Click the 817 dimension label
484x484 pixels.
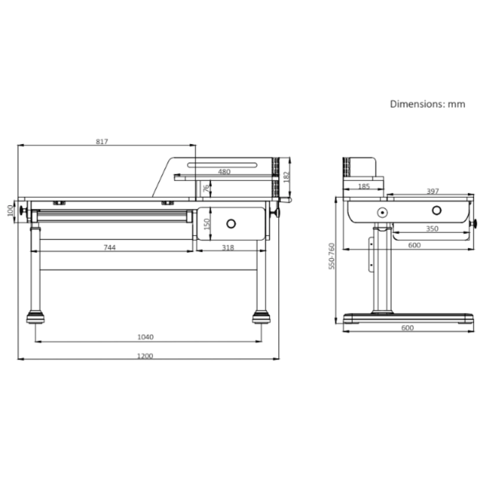[102, 142]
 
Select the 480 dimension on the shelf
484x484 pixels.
[224, 172]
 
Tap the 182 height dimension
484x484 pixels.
[286, 177]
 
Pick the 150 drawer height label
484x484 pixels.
[207, 224]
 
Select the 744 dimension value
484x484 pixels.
[109, 248]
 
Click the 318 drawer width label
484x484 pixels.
[227, 248]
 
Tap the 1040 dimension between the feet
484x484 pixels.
[146, 337]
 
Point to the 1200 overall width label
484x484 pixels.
[145, 356]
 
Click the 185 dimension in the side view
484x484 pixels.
[363, 187]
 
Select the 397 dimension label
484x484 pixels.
[433, 191]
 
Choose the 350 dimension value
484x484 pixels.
[433, 228]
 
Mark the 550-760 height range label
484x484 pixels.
[332, 256]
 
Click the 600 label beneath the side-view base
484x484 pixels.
[408, 328]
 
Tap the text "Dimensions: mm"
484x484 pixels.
[427, 104]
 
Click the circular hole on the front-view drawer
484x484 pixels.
[231, 224]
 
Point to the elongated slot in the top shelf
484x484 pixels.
[222, 165]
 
